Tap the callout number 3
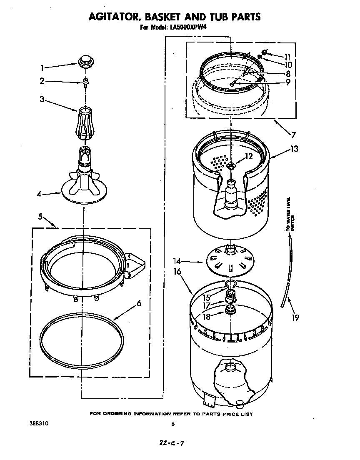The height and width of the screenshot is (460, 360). pyautogui.click(x=42, y=99)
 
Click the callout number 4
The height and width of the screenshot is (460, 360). pyautogui.click(x=39, y=194)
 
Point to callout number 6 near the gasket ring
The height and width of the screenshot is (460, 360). pyautogui.click(x=139, y=303)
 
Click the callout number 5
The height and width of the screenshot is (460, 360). pyautogui.click(x=40, y=216)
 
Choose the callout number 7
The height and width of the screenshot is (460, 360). pyautogui.click(x=293, y=135)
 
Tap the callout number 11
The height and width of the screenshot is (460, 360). pyautogui.click(x=287, y=57)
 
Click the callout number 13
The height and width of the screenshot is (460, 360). pyautogui.click(x=295, y=149)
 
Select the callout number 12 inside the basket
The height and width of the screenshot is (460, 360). pyautogui.click(x=249, y=157)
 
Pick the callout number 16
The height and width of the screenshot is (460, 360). pyautogui.click(x=177, y=272)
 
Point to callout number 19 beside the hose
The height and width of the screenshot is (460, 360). pyautogui.click(x=295, y=317)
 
